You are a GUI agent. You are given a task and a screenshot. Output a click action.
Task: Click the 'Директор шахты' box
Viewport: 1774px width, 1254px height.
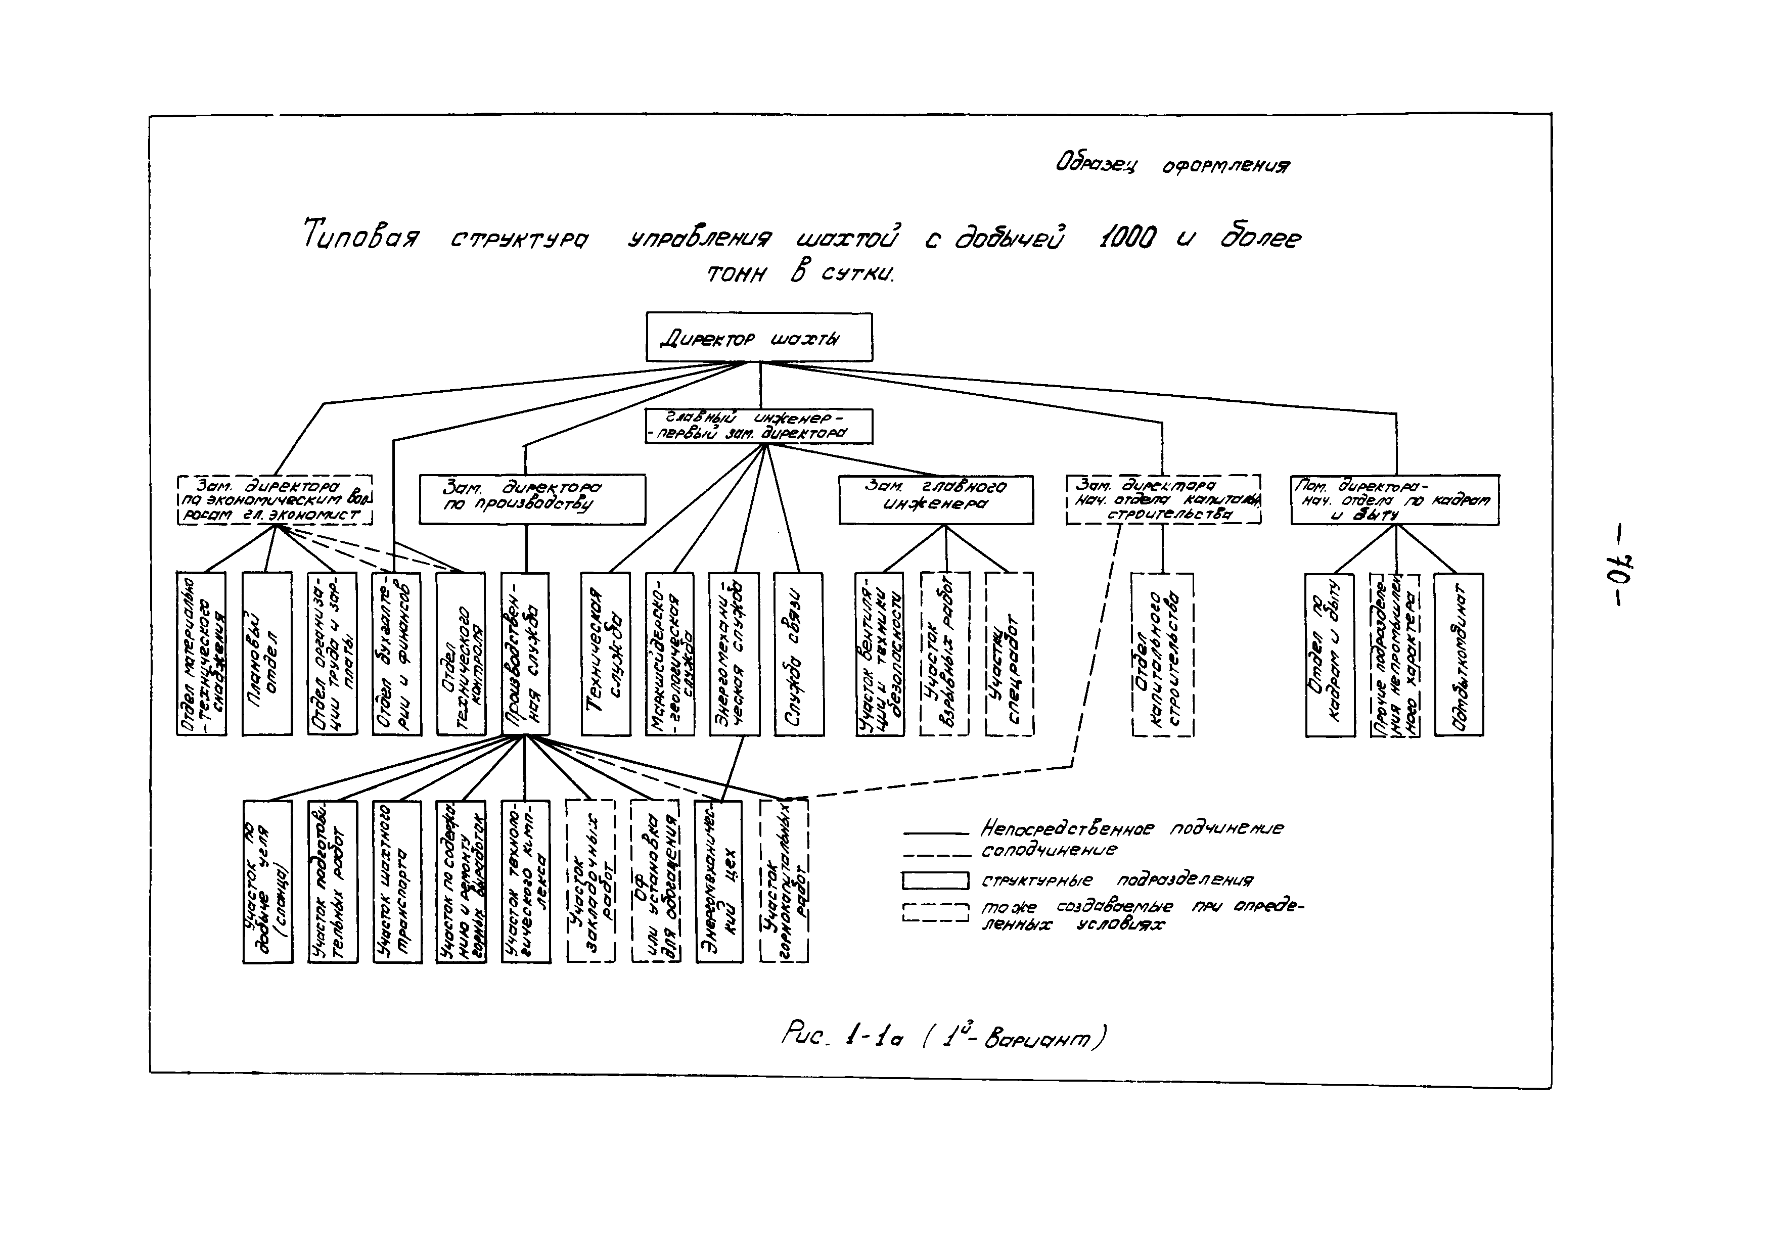(759, 337)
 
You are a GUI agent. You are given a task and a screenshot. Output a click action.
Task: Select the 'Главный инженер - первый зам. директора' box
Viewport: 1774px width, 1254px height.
(759, 426)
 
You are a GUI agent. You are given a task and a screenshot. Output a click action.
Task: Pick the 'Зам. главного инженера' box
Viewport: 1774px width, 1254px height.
(936, 499)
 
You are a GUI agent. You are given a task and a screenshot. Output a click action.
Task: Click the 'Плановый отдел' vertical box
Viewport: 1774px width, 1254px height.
(267, 653)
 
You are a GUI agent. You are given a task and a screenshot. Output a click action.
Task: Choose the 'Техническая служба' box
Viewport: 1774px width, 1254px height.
(606, 653)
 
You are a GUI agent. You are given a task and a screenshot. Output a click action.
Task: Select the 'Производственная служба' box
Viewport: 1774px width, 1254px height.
(525, 653)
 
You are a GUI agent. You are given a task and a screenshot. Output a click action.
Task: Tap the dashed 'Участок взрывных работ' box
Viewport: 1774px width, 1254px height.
(944, 653)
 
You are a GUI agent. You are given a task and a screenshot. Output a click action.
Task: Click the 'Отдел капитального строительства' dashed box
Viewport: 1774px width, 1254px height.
(1162, 654)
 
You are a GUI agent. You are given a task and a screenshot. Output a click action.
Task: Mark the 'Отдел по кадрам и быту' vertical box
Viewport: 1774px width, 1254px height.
(1330, 654)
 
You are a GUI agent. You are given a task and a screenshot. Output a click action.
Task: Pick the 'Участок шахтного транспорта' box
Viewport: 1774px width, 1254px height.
(397, 881)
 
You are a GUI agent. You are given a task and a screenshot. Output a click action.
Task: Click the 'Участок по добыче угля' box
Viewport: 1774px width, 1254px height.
(268, 881)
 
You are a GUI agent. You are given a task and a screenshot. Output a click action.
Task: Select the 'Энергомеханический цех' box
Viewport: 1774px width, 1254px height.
(719, 881)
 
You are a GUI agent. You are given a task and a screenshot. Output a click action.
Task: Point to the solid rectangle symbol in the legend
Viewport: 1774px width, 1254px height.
(935, 880)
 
